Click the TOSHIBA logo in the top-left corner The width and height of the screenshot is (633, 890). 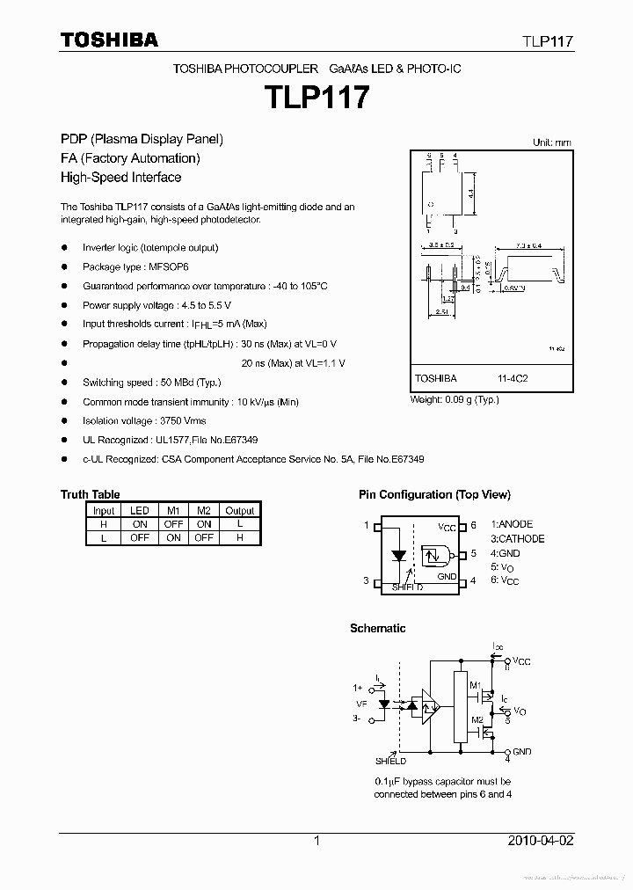pos(109,40)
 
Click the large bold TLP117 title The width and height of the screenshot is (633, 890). pos(316,96)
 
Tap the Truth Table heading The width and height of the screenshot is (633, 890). pos(90,494)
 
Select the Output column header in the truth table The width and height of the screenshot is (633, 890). pos(239,510)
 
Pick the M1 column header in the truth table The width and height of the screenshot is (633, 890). pos(173,510)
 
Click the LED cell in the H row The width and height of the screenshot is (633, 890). pos(140,523)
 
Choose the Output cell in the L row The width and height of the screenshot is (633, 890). pos(239,537)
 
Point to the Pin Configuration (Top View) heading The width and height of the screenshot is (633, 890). pos(434,494)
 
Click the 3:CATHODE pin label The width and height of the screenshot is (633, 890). pos(517,539)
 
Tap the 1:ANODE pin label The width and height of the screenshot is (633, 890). pos(512,524)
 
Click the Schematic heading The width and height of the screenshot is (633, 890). pos(377,628)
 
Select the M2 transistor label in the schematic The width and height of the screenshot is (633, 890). pos(476,719)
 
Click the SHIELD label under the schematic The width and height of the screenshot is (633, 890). pos(390,762)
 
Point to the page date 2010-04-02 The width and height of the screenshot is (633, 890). pos(540,841)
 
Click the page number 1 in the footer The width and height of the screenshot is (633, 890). pos(316,841)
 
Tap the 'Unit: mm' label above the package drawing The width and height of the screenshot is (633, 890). pos(551,142)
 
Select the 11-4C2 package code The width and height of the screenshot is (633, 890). pos(512,378)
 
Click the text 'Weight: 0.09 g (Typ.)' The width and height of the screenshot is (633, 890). pos(455,399)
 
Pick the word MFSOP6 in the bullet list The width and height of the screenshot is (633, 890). pos(169,266)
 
